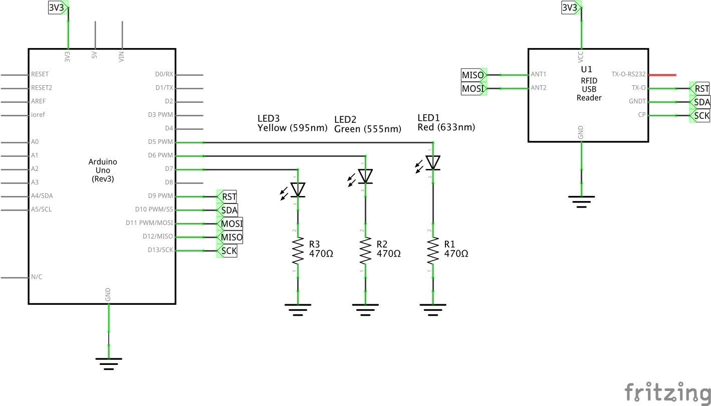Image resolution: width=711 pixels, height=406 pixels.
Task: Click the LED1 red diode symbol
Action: tap(433, 162)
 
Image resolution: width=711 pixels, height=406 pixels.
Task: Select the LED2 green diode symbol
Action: tap(366, 176)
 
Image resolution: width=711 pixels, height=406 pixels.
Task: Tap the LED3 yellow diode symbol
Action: tap(298, 189)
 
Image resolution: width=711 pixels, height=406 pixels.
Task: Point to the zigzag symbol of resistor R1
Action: tap(433, 251)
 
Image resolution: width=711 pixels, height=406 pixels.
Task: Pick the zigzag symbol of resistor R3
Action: tap(298, 251)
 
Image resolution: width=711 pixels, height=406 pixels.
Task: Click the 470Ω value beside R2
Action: tap(388, 254)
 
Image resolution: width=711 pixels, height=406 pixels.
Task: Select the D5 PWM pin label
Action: tap(160, 142)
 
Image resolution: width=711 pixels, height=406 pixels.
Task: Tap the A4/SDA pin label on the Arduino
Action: tap(42, 196)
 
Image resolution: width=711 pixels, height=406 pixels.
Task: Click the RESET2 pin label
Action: tap(42, 88)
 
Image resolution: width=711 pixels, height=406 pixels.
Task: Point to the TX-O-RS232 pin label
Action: tap(628, 74)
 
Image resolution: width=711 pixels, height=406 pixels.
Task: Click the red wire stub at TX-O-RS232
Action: tap(662, 75)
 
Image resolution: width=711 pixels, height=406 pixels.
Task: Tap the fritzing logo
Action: tap(667, 391)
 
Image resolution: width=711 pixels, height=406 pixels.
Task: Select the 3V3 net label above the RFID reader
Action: tap(570, 8)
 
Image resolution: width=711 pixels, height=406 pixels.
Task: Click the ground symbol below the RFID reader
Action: tap(581, 201)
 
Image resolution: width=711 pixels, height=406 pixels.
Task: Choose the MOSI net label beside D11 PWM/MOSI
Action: tap(231, 224)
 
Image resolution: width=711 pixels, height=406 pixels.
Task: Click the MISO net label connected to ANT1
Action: tap(472, 75)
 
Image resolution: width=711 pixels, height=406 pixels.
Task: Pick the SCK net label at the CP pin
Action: tap(700, 116)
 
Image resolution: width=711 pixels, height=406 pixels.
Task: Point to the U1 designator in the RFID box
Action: tap(586, 69)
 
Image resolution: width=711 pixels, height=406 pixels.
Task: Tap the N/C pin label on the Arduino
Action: tap(37, 277)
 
